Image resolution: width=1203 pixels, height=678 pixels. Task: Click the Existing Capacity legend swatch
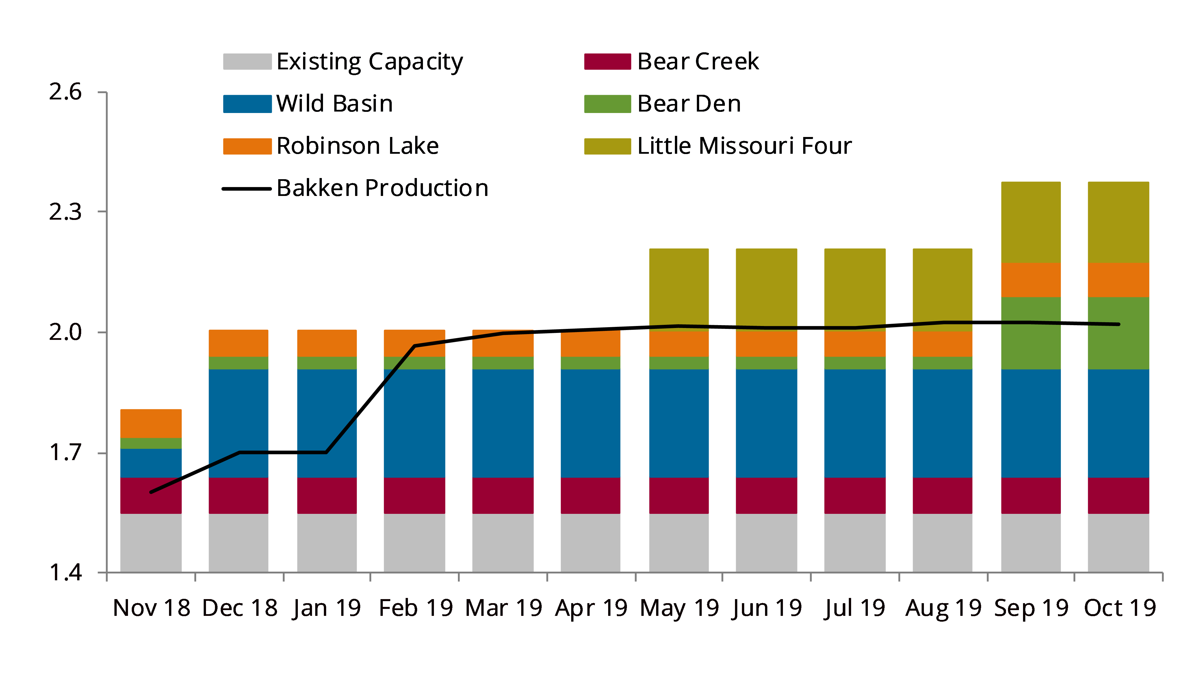click(247, 62)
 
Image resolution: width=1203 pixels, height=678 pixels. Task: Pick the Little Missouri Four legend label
click(745, 146)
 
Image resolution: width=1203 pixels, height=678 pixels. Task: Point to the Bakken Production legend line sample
click(246, 189)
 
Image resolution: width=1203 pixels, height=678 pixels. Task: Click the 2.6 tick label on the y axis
click(65, 92)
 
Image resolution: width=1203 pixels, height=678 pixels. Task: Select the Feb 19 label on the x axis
click(416, 608)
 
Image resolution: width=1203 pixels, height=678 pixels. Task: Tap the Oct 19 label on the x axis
click(1120, 608)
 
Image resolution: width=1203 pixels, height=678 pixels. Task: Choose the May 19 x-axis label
click(680, 608)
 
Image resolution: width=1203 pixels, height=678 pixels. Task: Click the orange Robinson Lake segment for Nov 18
click(151, 423)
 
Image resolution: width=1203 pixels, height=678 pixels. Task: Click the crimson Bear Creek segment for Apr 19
click(590, 496)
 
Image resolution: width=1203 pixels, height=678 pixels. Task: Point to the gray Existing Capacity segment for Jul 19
click(855, 543)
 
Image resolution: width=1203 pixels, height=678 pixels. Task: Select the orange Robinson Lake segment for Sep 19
click(1031, 280)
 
